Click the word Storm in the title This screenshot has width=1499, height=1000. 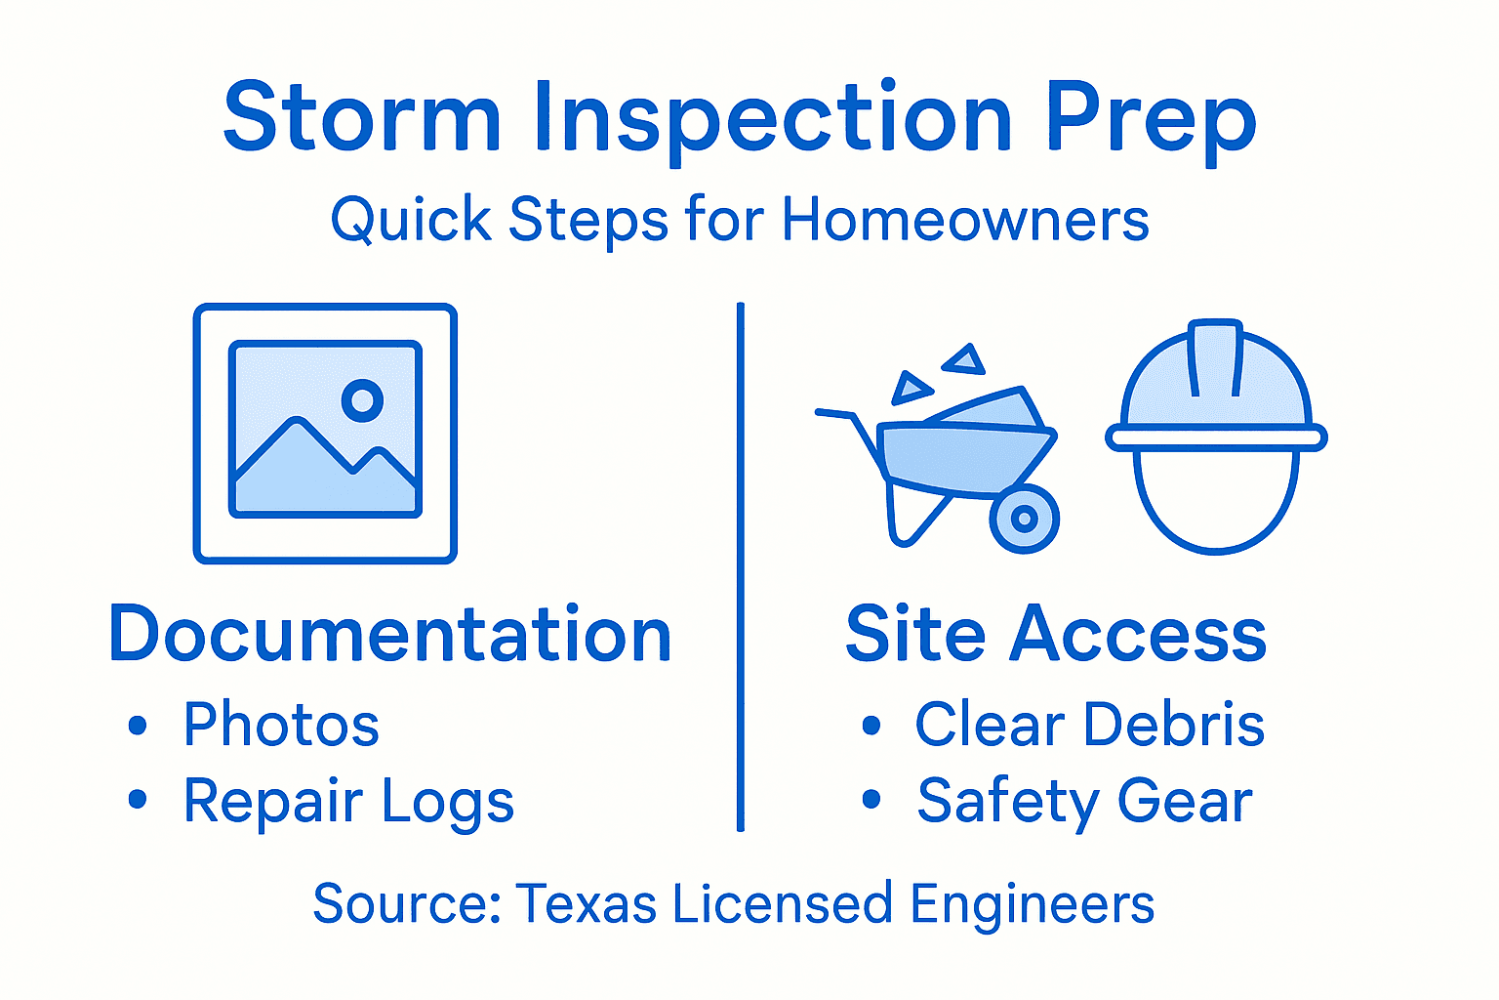(362, 117)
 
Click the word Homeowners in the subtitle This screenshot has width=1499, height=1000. (965, 219)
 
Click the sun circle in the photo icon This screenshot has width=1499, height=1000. (362, 399)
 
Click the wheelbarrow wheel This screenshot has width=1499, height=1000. (1024, 519)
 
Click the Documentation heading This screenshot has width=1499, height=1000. (390, 635)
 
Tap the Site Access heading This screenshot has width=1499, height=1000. (1056, 635)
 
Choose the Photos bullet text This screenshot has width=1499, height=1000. (281, 725)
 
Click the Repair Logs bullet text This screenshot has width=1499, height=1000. (348, 803)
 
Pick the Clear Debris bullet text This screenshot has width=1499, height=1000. (1089, 725)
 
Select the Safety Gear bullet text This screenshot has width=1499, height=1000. (1084, 803)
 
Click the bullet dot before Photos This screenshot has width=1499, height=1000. (138, 726)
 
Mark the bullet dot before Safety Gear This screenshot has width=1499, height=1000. (871, 801)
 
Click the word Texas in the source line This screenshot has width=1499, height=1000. (586, 903)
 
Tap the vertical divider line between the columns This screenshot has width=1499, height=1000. (741, 566)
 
